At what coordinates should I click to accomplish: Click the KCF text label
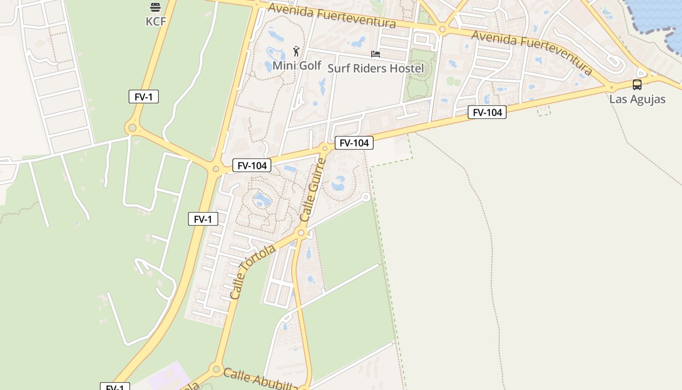pyautogui.click(x=156, y=21)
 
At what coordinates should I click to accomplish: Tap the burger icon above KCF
pyautogui.click(x=155, y=7)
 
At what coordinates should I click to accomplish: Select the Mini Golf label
pyautogui.click(x=297, y=65)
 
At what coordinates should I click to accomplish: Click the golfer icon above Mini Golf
pyautogui.click(x=296, y=51)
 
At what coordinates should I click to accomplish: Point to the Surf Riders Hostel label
pyautogui.click(x=376, y=68)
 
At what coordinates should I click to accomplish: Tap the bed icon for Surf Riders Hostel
pyautogui.click(x=376, y=54)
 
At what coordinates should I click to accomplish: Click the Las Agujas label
pyautogui.click(x=637, y=99)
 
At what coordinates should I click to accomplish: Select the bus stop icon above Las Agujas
pyautogui.click(x=637, y=85)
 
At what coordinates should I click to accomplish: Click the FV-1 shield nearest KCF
pyautogui.click(x=144, y=97)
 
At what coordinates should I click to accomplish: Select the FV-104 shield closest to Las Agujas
pyautogui.click(x=487, y=113)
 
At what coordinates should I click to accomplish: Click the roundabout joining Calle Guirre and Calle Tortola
pyautogui.click(x=301, y=234)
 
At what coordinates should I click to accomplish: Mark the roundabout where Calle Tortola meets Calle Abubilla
pyautogui.click(x=216, y=369)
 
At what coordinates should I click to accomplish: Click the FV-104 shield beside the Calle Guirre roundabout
pyautogui.click(x=354, y=143)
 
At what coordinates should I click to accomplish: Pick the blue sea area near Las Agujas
pyautogui.click(x=658, y=15)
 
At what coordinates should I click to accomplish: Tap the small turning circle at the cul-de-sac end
pyautogui.click(x=366, y=197)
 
